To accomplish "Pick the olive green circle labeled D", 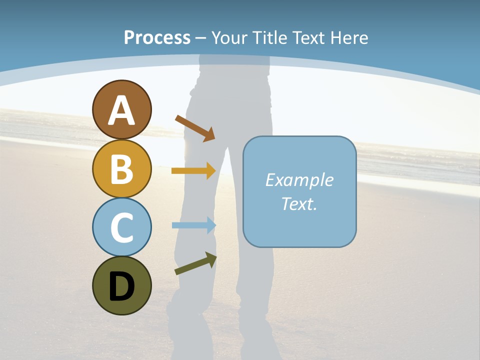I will click(x=121, y=285).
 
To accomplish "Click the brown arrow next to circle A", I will click(x=195, y=127).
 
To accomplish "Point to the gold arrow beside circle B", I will click(x=193, y=171).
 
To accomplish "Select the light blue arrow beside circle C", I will click(x=193, y=225).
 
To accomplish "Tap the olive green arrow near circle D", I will click(x=195, y=263).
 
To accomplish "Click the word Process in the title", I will click(x=157, y=37).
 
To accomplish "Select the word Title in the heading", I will click(x=269, y=37).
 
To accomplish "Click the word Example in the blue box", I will click(x=299, y=180).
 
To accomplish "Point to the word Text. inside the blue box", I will click(x=299, y=203).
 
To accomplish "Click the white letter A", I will click(x=121, y=110).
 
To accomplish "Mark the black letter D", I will click(x=121, y=286).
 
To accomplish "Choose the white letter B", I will click(x=121, y=169).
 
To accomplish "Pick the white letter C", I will click(x=121, y=227).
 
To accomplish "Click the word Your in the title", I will click(x=229, y=37).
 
